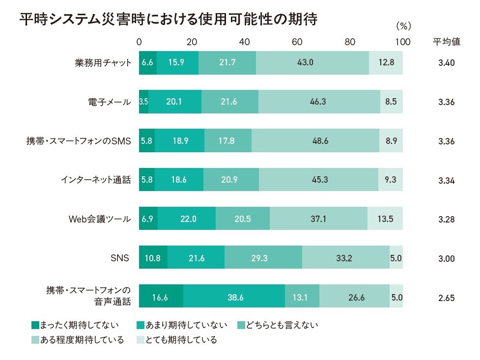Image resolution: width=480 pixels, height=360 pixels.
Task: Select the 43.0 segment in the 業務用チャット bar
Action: point(312,62)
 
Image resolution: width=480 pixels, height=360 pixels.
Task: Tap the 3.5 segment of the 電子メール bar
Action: point(143,102)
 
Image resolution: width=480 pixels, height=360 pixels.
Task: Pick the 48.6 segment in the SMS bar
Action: point(315,140)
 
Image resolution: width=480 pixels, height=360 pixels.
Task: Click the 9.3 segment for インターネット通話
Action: point(391,180)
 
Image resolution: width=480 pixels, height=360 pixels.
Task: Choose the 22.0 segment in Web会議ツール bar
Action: point(187,219)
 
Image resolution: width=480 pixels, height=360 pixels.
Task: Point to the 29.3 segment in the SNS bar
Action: point(263,258)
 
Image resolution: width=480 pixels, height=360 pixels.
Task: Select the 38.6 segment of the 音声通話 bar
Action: point(234,297)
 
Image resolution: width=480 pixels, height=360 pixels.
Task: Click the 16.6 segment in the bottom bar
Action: point(161,297)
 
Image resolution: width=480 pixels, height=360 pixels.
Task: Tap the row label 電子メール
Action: point(106,102)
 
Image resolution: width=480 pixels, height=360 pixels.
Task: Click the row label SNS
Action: point(120,258)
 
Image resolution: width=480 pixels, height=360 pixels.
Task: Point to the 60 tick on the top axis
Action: point(297,42)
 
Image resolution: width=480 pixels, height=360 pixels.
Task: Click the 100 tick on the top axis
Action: point(402,42)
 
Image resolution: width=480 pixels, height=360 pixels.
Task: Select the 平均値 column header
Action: point(446,42)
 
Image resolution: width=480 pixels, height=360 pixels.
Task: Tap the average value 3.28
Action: point(446,219)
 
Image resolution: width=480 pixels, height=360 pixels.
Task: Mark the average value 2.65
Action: point(446,297)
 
